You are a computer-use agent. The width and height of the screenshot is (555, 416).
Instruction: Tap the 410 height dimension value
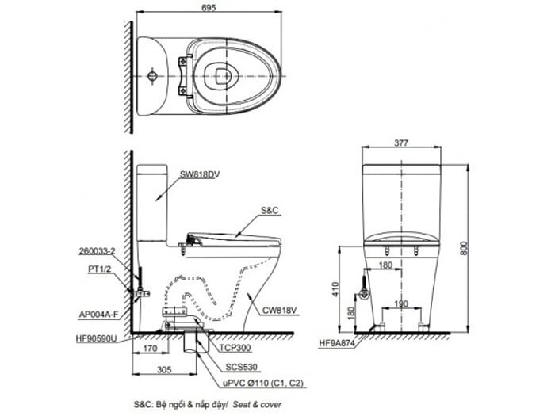point(337,291)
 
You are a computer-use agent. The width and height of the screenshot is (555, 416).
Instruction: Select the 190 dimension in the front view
point(401,303)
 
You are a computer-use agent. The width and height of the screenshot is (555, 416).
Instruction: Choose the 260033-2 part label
point(98,251)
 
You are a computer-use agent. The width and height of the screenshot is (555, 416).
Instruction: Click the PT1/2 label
point(99,269)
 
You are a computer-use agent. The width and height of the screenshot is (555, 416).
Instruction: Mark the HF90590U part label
point(97,337)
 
